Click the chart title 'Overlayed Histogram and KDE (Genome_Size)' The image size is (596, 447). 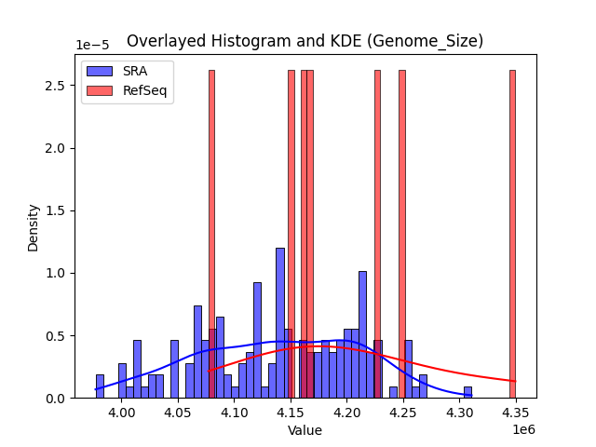tap(305, 41)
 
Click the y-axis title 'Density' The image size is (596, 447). tap(34, 227)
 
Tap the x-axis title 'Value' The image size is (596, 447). tap(305, 430)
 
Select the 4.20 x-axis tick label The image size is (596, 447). tap(347, 413)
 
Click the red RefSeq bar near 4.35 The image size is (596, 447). tap(512, 233)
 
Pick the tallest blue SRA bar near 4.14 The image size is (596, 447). tap(279, 322)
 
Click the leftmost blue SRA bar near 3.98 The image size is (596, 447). tap(100, 386)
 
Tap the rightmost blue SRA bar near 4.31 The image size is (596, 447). tap(467, 392)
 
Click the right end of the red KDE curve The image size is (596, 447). tap(514, 381)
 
